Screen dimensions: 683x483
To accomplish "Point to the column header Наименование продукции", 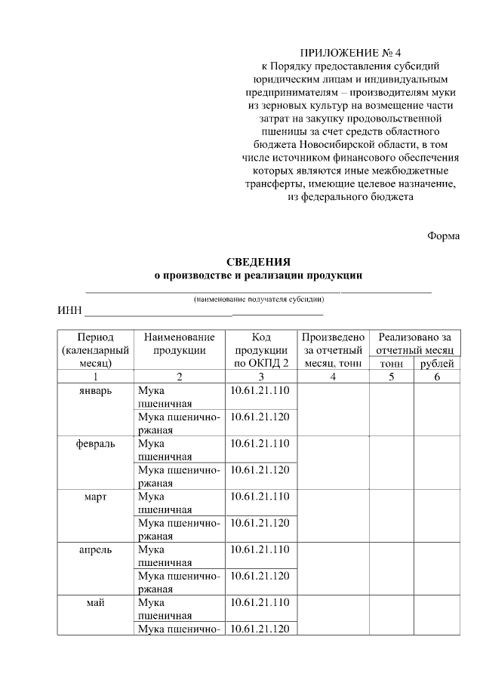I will click(179, 343).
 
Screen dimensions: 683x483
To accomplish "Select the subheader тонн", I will click(392, 364).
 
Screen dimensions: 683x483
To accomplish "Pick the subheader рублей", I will click(437, 364).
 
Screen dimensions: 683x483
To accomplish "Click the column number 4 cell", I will click(333, 377).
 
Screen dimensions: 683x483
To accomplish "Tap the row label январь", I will click(96, 391).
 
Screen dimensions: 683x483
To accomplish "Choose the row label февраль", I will click(96, 444).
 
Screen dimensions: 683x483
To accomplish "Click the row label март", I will click(96, 497).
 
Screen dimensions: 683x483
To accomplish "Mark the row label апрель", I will click(96, 549).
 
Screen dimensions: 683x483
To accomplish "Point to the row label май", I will click(96, 602).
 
